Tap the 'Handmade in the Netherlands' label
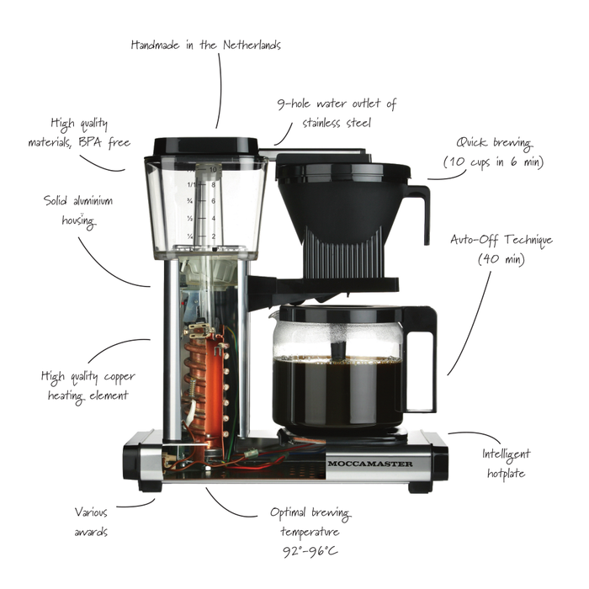point(206,45)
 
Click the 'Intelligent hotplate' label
point(504,463)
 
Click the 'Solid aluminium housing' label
point(77,210)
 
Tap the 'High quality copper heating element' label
point(88,385)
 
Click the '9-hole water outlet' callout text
point(337,113)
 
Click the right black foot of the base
point(419,486)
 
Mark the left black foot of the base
point(150,486)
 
